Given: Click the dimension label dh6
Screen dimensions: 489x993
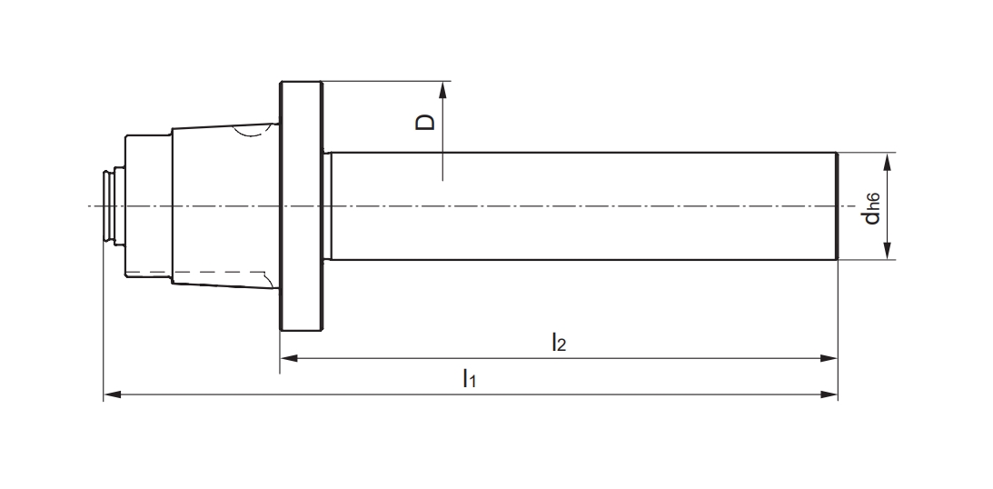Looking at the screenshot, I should pyautogui.click(x=873, y=206).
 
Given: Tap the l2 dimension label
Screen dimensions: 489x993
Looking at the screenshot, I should pyautogui.click(x=559, y=343).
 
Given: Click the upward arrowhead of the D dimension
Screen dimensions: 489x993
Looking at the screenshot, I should pyautogui.click(x=442, y=89).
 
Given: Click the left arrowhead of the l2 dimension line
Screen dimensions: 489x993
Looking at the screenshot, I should pyautogui.click(x=287, y=358).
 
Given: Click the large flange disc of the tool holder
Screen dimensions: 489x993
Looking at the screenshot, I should pyautogui.click(x=301, y=206).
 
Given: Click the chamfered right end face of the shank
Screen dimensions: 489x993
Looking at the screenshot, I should pyautogui.click(x=836, y=206).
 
